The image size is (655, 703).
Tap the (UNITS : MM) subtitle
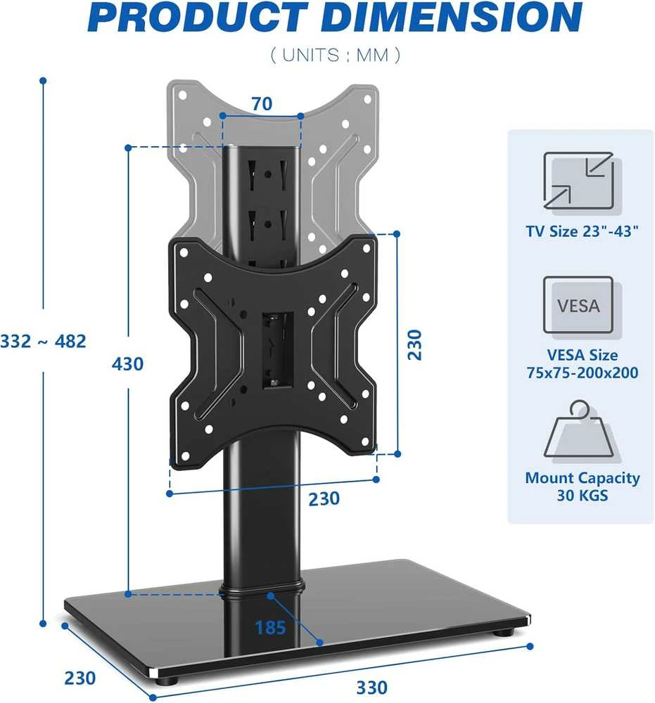(335, 55)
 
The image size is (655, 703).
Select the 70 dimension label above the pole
(262, 103)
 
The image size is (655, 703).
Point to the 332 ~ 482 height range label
(43, 341)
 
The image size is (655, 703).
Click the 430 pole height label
(128, 363)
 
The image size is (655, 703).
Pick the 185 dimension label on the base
(270, 628)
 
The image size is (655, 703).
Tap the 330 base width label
(372, 688)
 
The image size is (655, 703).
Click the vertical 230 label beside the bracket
(415, 344)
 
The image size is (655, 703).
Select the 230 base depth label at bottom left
(80, 678)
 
